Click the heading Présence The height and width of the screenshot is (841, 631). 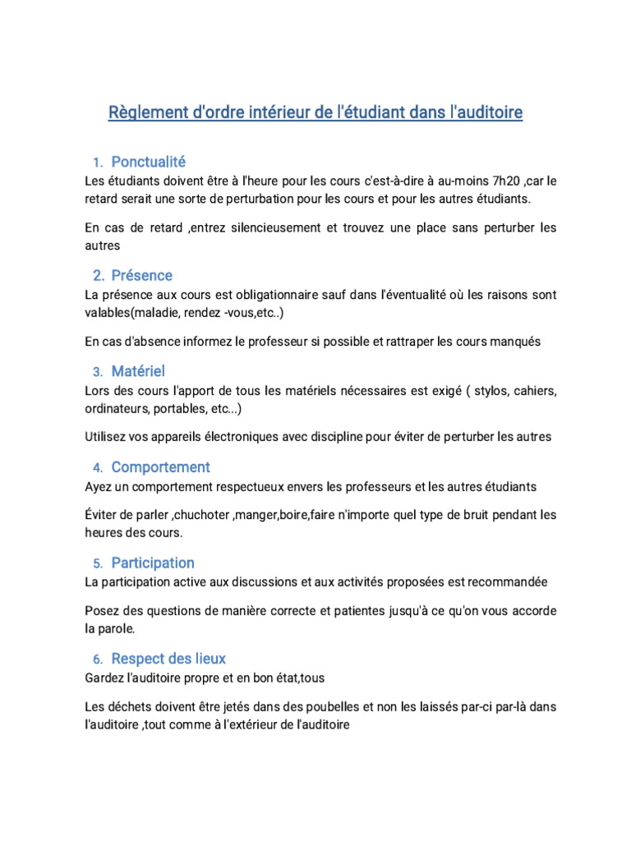pos(142,275)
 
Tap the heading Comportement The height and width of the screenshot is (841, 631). pos(160,467)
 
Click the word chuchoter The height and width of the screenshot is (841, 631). pos(227,514)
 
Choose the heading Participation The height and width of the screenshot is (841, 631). pos(153,563)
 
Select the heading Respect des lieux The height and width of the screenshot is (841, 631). pos(168,659)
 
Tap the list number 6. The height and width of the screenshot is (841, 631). pos(97,659)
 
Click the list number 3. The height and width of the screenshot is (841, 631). pos(97,372)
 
